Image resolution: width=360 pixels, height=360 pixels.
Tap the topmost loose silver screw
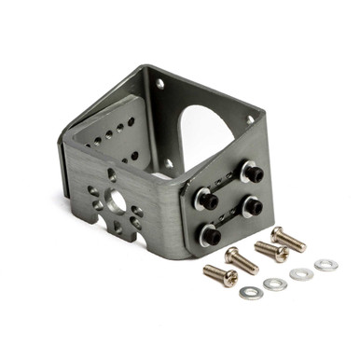287,238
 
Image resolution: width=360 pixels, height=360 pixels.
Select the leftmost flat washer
249,293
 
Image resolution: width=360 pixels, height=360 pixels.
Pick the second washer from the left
274,284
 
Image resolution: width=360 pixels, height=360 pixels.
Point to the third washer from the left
300,274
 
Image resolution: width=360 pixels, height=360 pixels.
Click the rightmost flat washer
325,265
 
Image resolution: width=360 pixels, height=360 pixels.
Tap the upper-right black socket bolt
253,173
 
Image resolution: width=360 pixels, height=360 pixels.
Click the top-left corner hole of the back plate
159,84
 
